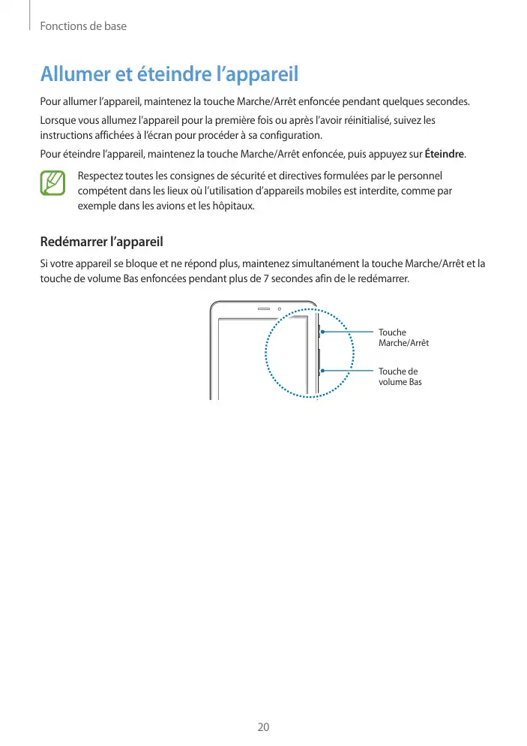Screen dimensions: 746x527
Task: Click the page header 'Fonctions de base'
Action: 83,26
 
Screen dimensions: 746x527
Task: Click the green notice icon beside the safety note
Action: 53,184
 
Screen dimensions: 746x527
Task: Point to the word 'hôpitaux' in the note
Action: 234,205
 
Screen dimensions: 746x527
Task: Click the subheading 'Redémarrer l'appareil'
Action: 100,242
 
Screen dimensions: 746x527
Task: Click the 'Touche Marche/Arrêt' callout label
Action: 403,338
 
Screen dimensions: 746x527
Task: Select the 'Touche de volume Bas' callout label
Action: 400,377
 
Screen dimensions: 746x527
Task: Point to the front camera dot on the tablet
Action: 279,308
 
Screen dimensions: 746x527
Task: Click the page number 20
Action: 263,727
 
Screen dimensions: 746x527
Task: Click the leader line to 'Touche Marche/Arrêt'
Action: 347,331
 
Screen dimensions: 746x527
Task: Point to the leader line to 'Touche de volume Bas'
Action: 347,370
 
